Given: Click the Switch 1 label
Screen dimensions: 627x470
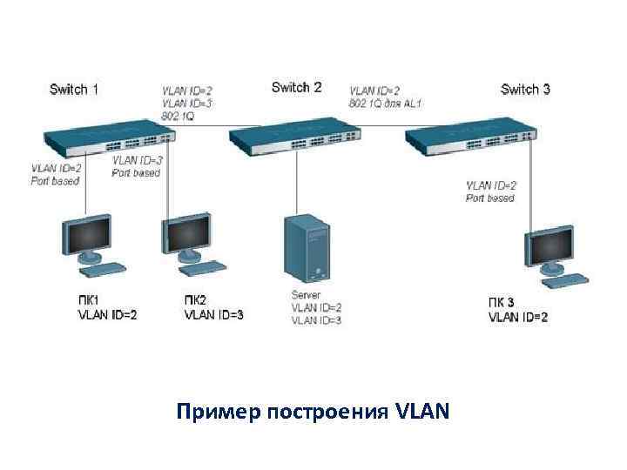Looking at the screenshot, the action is pos(74,89).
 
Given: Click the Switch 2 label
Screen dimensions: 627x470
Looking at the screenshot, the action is pos(296,87).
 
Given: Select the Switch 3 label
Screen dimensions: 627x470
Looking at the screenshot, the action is pos(526,89).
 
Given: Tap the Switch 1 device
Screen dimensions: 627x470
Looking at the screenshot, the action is pos(110,135).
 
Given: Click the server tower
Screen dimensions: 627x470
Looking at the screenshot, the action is pos(309,250).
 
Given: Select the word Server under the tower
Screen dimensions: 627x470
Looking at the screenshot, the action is pos(307,295).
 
